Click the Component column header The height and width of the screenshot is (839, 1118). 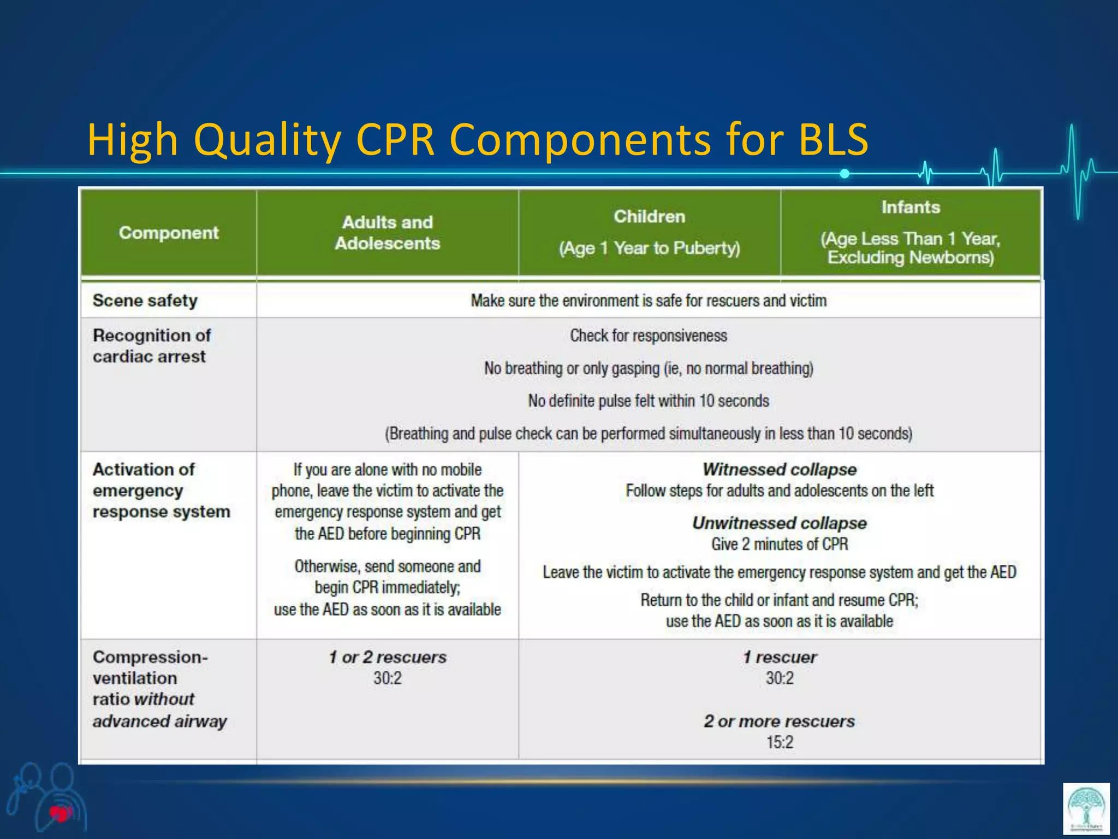169,233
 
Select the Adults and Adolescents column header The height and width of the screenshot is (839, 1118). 387,233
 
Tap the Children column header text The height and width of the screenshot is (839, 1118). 649,217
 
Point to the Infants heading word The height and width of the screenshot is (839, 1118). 911,208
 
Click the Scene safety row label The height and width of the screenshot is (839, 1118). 145,300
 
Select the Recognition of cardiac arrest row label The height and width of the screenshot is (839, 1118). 151,346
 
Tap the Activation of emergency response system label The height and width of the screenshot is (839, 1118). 161,491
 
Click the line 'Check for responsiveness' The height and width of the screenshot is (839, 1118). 649,335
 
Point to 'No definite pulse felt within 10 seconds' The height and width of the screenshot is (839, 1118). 649,401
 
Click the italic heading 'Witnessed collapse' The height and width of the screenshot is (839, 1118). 780,469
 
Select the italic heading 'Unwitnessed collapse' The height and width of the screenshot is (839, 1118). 780,523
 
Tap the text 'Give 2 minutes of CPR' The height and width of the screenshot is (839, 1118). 780,544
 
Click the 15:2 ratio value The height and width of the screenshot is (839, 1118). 780,742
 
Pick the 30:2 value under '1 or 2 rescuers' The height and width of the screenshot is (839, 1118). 387,678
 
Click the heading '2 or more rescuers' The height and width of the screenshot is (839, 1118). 780,721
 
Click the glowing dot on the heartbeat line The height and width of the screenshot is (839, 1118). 845,174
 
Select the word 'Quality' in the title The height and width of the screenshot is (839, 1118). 267,140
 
